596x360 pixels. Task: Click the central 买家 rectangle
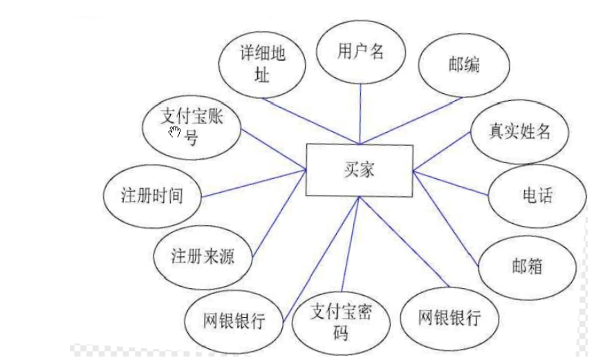click(x=359, y=170)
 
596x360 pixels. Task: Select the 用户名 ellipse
click(x=360, y=53)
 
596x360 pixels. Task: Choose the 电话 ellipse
click(x=537, y=196)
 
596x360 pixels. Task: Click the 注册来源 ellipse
click(x=203, y=257)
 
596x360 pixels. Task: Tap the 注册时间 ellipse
click(x=152, y=196)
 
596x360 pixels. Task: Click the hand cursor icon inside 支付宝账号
click(x=174, y=131)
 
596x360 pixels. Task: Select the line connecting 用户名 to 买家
click(x=360, y=114)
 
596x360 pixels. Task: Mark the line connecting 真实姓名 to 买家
click(x=443, y=153)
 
